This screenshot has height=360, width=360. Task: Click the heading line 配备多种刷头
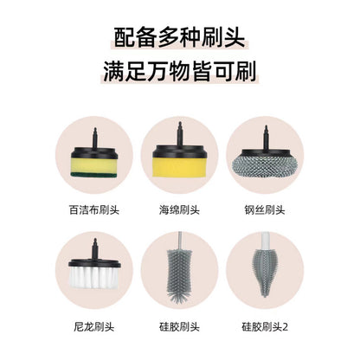(179, 38)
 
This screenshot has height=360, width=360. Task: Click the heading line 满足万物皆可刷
(179, 71)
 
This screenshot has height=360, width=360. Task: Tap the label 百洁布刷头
(94, 209)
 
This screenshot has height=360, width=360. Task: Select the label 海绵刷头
(179, 209)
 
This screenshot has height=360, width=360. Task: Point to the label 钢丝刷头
(265, 209)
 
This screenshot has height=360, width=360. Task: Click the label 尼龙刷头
(94, 327)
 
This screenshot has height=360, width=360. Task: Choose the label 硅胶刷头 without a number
(179, 327)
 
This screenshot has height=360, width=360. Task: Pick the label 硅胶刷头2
(265, 327)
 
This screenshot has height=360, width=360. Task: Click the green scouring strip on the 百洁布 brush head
(94, 174)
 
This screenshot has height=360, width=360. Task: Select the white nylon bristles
(94, 277)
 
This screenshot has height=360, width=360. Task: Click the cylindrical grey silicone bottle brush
(179, 273)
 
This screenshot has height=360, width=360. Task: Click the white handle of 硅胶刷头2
(265, 240)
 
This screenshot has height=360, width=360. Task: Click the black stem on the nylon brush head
(94, 248)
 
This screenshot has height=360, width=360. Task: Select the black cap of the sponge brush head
(179, 151)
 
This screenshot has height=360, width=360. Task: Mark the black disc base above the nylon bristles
(94, 262)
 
